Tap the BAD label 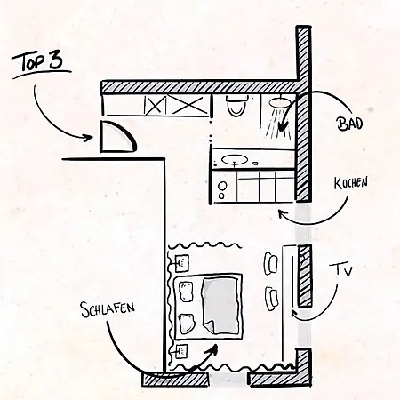click(349, 124)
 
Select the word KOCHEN click(351, 182)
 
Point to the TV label click(344, 270)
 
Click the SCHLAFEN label click(108, 309)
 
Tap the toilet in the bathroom click(236, 105)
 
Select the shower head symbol click(279, 102)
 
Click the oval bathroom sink click(235, 160)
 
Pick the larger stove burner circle click(223, 186)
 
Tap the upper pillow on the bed click(185, 292)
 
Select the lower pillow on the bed click(186, 324)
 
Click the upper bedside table click(181, 263)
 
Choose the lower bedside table click(181, 352)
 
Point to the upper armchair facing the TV click(271, 264)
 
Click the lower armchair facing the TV click(271, 298)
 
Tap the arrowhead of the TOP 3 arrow click(88, 138)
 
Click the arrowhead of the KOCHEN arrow click(283, 212)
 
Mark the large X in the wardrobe click(190, 105)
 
